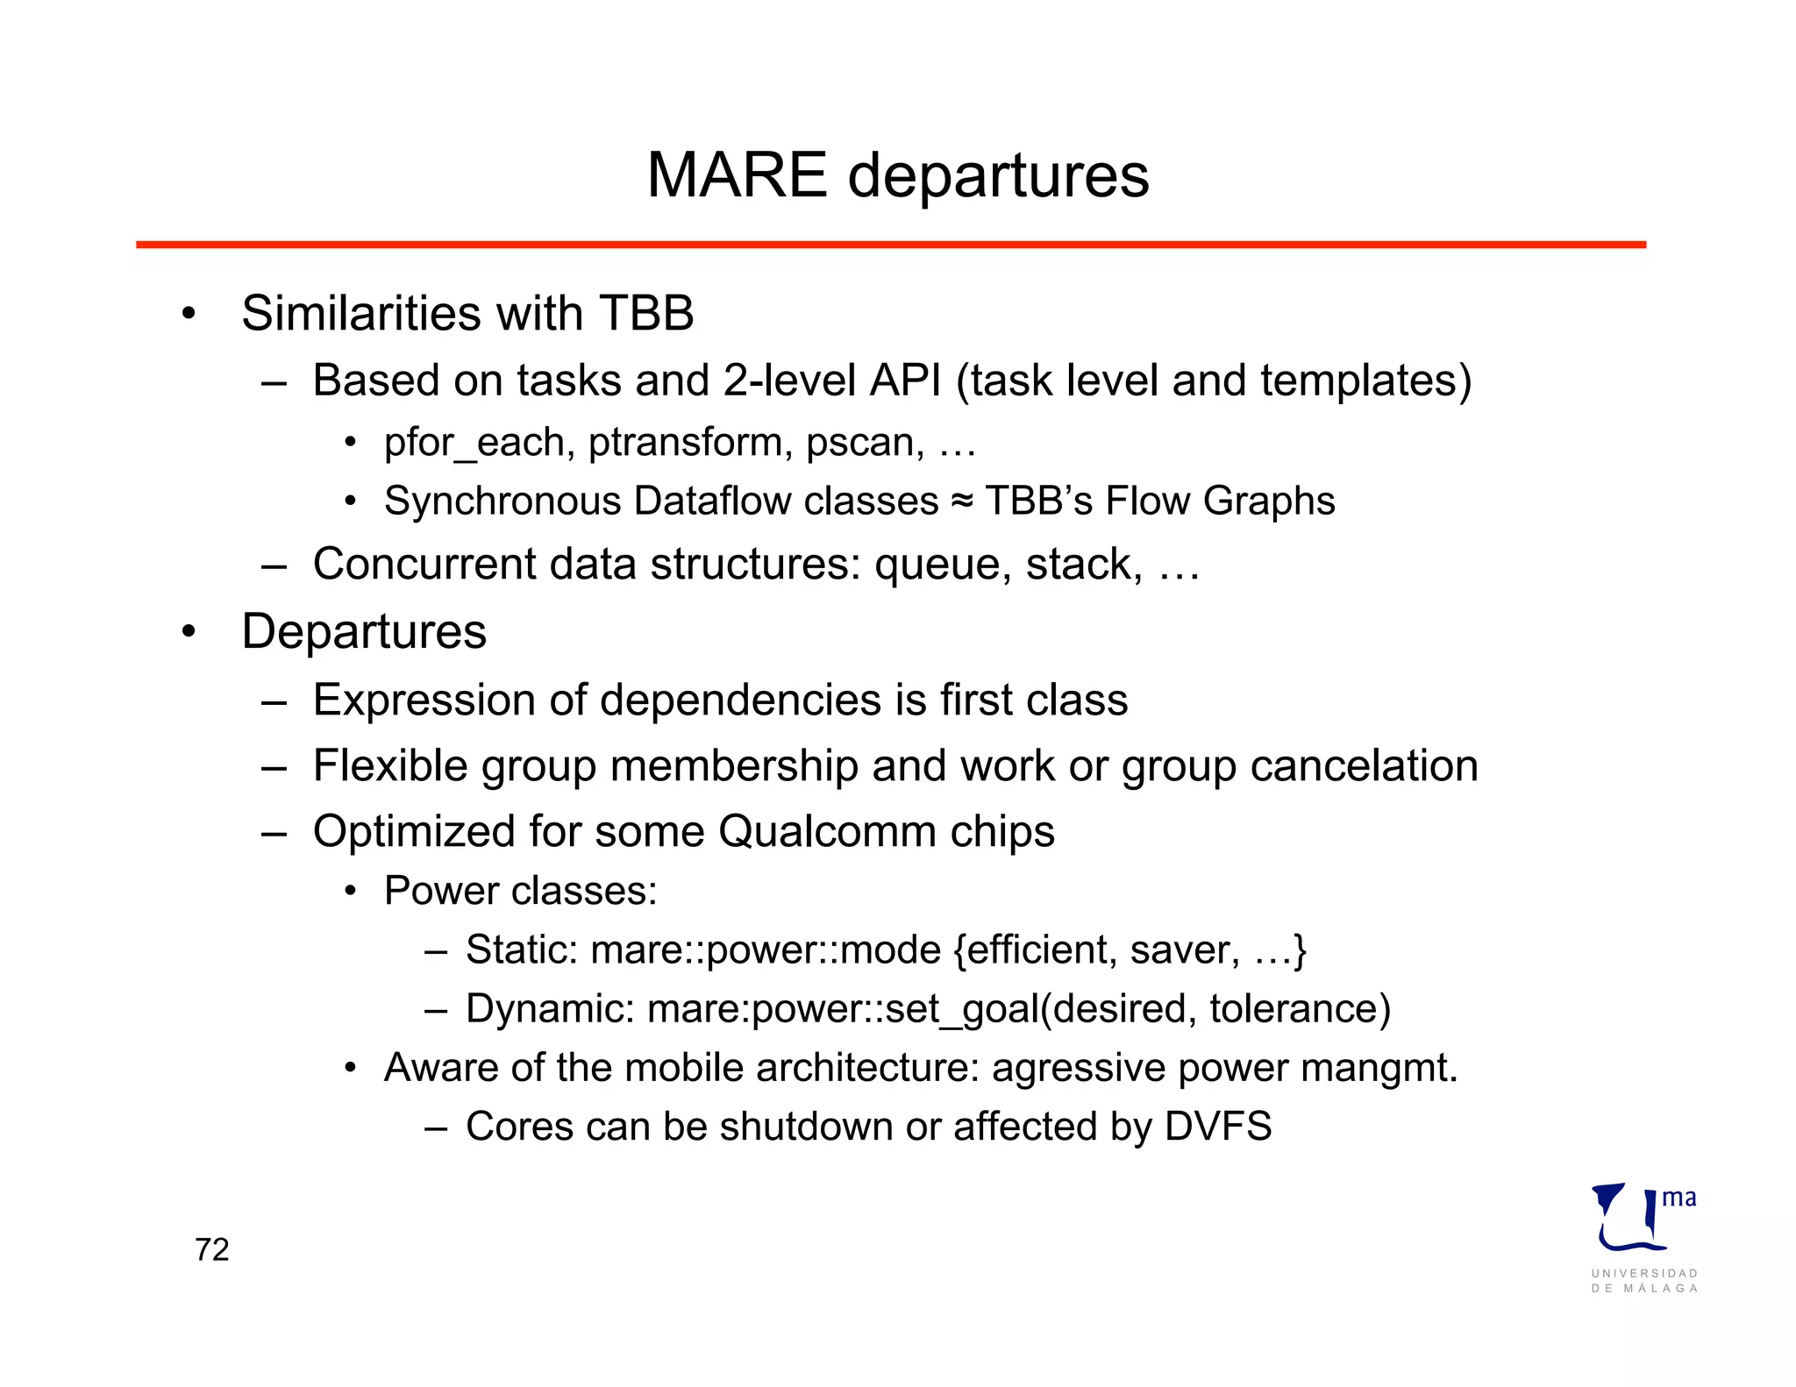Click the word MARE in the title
coord(737,175)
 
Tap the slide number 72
coord(212,1249)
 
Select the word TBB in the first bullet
coord(646,313)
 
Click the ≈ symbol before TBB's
coord(962,501)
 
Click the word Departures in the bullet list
coord(364,631)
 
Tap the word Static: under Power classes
coord(522,950)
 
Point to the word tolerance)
coord(1300,1009)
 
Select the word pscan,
coord(865,443)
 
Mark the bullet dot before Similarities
coord(188,314)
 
